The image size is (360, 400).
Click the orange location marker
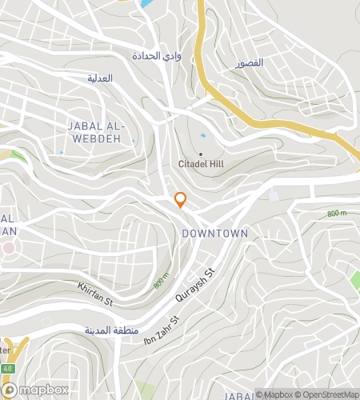tap(180, 200)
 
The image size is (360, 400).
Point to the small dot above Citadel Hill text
tap(200, 154)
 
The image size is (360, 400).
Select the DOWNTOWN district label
tap(214, 233)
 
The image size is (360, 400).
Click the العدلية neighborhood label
tap(100, 78)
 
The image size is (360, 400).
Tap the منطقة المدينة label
tap(111, 330)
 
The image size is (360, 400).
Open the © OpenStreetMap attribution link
tap(328, 394)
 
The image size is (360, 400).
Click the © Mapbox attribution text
tap(274, 394)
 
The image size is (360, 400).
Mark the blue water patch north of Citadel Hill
tap(201, 136)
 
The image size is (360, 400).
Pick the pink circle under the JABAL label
tap(8, 247)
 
